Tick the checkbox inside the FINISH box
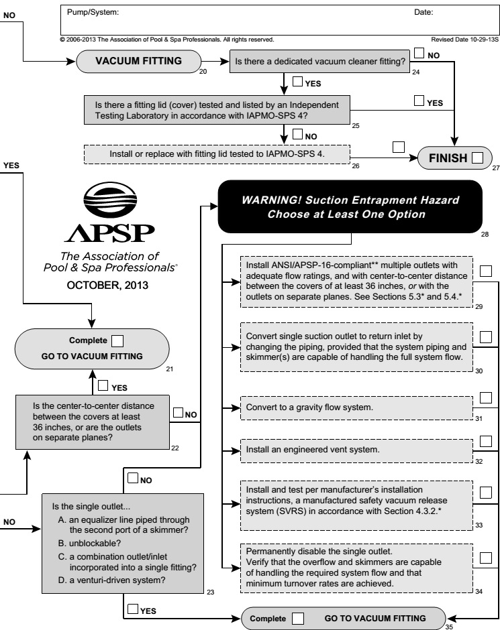point(477,158)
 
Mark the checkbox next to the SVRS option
point(487,493)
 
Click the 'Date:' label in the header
point(424,12)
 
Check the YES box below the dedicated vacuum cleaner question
point(298,82)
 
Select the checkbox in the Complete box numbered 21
point(118,340)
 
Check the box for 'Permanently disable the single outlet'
point(487,557)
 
